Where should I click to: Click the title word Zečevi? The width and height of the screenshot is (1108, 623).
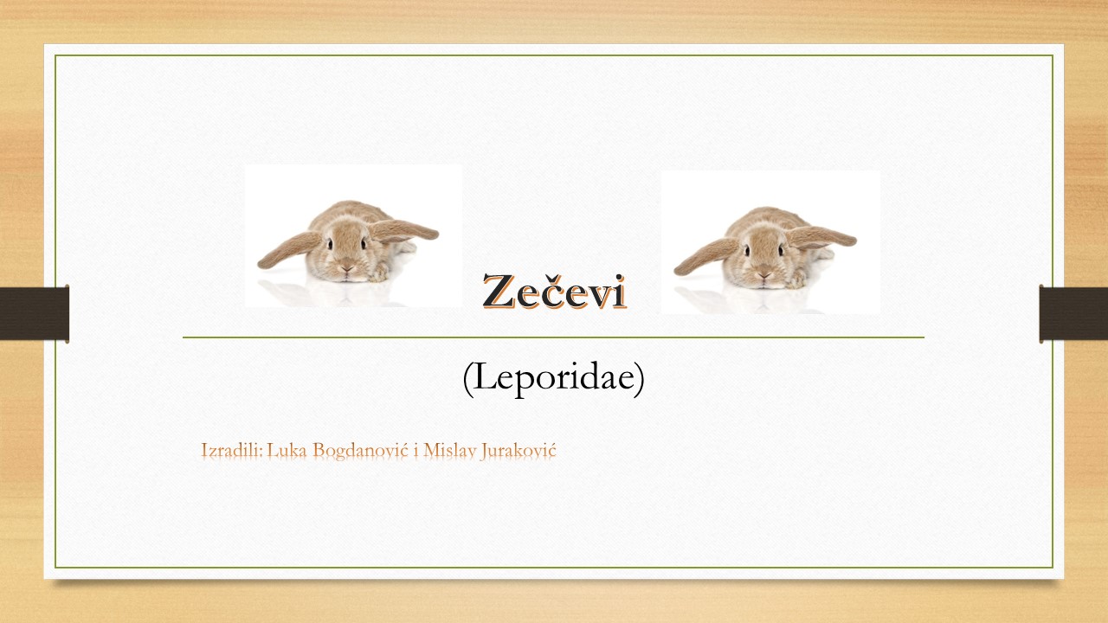pyautogui.click(x=555, y=292)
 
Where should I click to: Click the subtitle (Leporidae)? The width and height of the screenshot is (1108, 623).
pyautogui.click(x=553, y=378)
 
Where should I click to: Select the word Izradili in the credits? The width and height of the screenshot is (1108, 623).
pyautogui.click(x=231, y=451)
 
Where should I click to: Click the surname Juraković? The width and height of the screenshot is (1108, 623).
pyautogui.click(x=519, y=451)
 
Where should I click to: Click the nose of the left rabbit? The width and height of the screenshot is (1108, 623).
pyautogui.click(x=347, y=268)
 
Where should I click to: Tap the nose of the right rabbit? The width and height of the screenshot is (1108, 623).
pyautogui.click(x=764, y=275)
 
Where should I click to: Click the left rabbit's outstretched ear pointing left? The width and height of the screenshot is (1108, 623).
pyautogui.click(x=288, y=250)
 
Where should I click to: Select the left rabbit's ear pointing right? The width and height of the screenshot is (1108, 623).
pyautogui.click(x=403, y=230)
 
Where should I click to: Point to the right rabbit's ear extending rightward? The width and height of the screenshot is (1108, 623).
pyautogui.click(x=821, y=237)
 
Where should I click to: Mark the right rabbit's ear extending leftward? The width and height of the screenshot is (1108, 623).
pyautogui.click(x=705, y=256)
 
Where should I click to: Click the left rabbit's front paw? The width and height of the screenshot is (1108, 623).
pyautogui.click(x=380, y=273)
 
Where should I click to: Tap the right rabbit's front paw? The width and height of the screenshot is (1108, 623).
pyautogui.click(x=797, y=279)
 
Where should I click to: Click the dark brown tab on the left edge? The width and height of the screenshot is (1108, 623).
pyautogui.click(x=34, y=313)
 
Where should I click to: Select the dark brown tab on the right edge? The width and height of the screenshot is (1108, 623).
pyautogui.click(x=1073, y=313)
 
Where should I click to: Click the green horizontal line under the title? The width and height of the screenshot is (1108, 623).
pyautogui.click(x=553, y=337)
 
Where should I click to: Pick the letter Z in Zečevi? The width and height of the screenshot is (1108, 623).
pyautogui.click(x=499, y=292)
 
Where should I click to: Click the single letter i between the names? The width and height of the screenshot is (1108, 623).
pyautogui.click(x=416, y=451)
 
